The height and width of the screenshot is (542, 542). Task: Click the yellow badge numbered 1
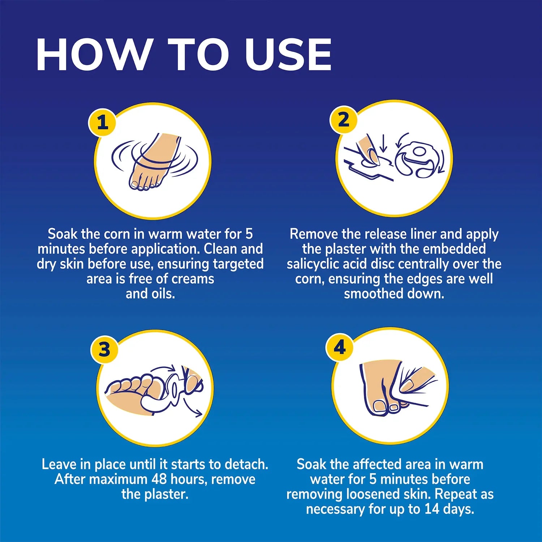(x=103, y=122)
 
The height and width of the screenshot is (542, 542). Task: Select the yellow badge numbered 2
(x=344, y=119)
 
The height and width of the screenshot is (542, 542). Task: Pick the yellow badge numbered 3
(x=104, y=349)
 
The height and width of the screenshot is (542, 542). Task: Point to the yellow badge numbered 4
(x=340, y=347)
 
